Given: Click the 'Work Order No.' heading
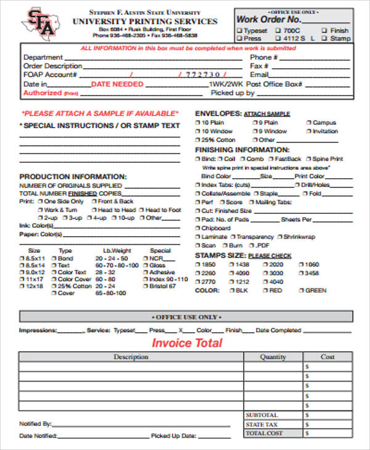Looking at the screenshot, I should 266,19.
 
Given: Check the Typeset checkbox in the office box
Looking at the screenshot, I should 239,30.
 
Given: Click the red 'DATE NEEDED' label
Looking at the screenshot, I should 117,84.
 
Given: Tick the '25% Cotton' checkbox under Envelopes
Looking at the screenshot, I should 198,140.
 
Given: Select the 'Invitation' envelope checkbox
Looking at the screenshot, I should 309,131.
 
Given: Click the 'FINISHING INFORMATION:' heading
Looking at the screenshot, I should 242,150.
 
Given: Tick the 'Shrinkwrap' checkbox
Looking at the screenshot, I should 281,237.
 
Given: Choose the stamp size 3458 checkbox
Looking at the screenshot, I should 300,273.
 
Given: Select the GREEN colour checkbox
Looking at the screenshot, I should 300,290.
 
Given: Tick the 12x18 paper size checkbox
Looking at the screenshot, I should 23,287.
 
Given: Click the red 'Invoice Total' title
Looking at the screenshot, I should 187,343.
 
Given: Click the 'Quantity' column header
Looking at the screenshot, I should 273,357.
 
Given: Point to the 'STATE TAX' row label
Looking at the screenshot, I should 261,425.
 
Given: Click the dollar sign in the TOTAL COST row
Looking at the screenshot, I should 306,433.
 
